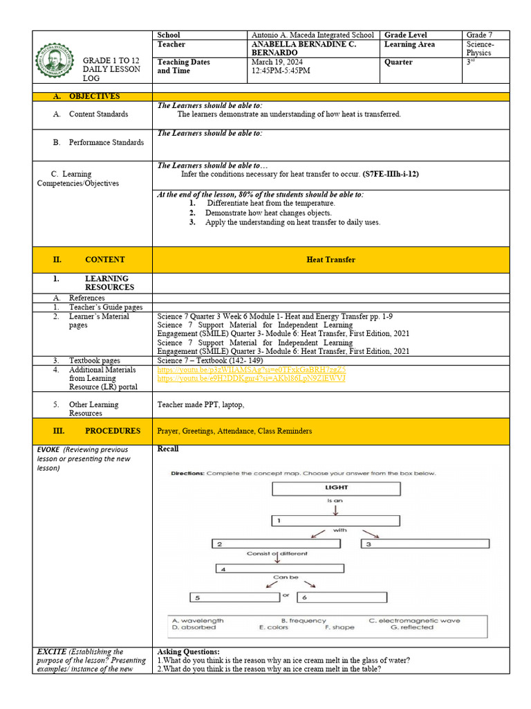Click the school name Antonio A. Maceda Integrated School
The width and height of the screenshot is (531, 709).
313,35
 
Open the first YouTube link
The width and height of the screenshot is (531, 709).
251,370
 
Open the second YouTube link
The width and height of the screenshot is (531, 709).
251,379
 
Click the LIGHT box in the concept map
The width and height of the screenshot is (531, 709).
336,488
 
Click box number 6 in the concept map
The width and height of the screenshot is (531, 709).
344,597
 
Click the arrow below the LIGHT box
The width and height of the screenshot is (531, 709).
336,509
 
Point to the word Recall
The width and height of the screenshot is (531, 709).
168,449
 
